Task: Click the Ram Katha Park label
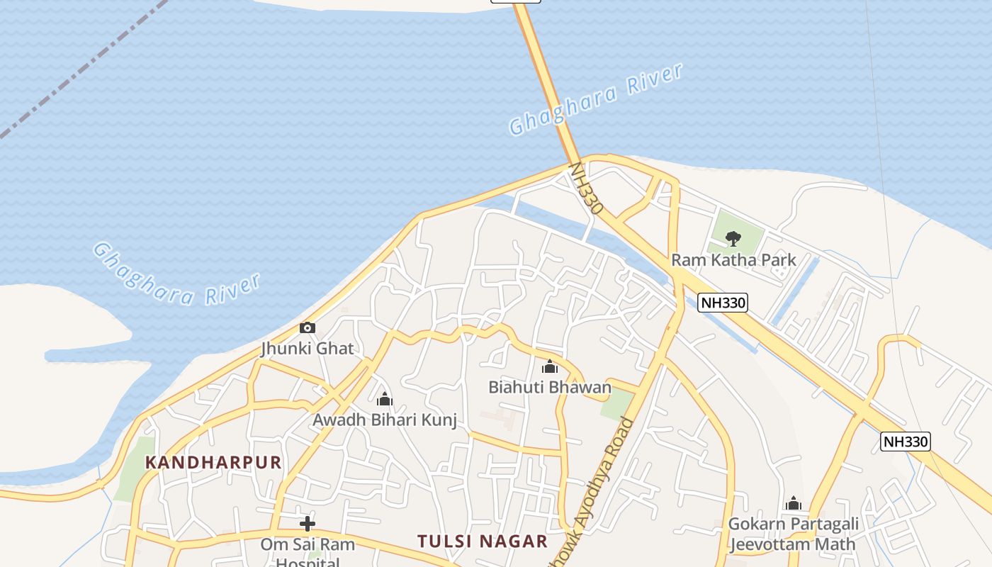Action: point(733,260)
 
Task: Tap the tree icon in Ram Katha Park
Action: point(733,238)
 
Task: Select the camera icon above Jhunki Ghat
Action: point(308,327)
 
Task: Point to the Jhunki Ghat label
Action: point(308,349)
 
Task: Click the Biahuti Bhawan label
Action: point(550,387)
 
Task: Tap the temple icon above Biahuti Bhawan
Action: point(550,366)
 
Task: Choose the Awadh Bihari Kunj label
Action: point(385,420)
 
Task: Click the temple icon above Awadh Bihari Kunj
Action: point(385,399)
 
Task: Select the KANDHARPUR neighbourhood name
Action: point(213,463)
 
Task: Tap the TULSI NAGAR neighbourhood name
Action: point(483,541)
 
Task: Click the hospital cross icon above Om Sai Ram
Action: point(308,524)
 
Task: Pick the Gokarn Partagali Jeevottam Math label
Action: point(794,534)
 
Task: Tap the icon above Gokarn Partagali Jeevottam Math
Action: point(794,503)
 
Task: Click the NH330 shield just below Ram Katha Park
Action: point(723,303)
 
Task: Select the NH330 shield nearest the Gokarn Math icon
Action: point(906,442)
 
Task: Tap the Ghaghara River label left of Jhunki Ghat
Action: point(176,275)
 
